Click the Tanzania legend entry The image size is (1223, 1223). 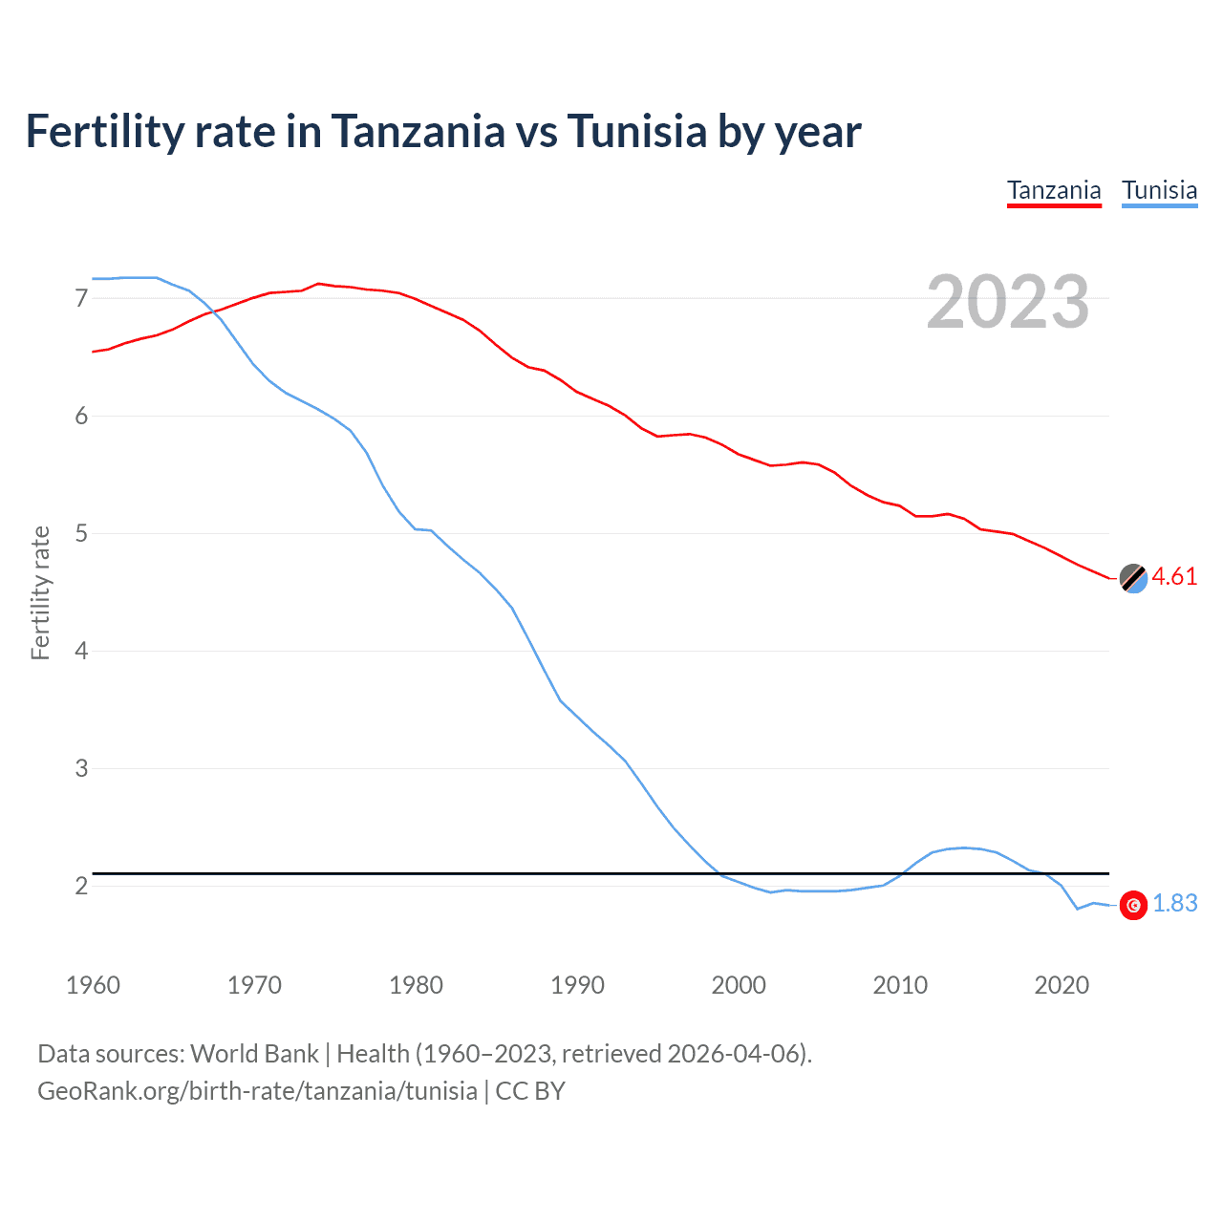pyautogui.click(x=1054, y=190)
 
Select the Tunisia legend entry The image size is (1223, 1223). pyautogui.click(x=1159, y=190)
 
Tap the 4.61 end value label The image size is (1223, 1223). pyautogui.click(x=1174, y=576)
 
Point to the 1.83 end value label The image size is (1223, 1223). pyautogui.click(x=1174, y=903)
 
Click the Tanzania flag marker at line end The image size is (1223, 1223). pyautogui.click(x=1133, y=578)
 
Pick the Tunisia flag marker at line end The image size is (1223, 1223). pyautogui.click(x=1133, y=905)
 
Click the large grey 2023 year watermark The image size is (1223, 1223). pyautogui.click(x=1007, y=302)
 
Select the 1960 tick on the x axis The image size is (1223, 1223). pyautogui.click(x=93, y=985)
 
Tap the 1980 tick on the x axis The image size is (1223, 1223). pyautogui.click(x=416, y=985)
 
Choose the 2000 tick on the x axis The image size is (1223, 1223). pyautogui.click(x=739, y=985)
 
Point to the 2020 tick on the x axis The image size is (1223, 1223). pyautogui.click(x=1062, y=985)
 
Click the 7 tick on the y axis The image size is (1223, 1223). pyautogui.click(x=81, y=299)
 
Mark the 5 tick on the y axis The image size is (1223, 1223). pyautogui.click(x=81, y=533)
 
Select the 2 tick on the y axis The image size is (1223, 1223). pyautogui.click(x=81, y=886)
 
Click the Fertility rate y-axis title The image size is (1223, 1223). pyautogui.click(x=40, y=592)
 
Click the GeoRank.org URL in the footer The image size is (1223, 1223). pyautogui.click(x=257, y=1090)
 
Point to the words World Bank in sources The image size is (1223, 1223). pyautogui.click(x=254, y=1053)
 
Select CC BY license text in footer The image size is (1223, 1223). pyautogui.click(x=530, y=1090)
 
